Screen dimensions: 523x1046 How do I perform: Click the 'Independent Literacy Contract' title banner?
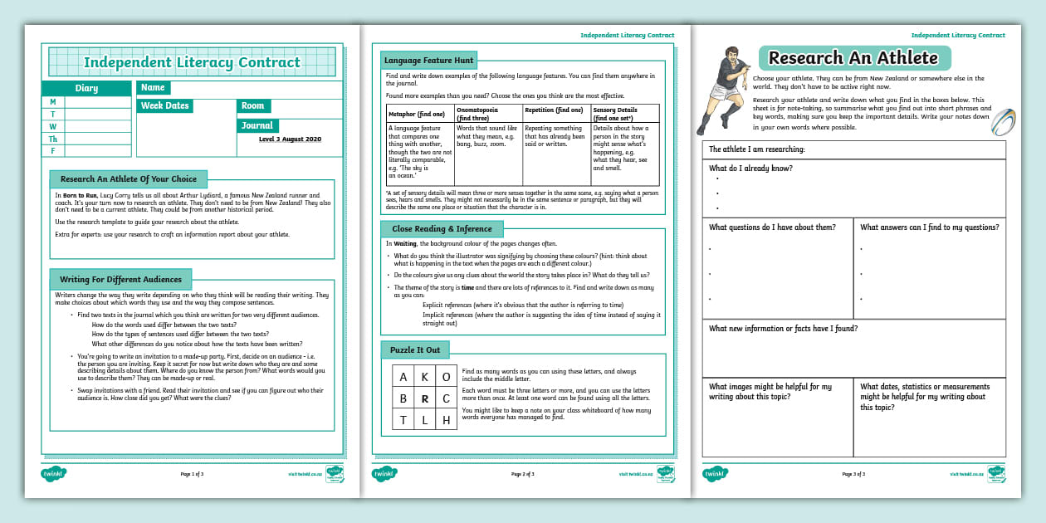[x=192, y=62]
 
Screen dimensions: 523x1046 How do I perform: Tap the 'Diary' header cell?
[x=86, y=88]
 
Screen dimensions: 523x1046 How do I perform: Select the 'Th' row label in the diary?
[x=53, y=139]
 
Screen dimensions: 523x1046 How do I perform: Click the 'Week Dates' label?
[x=164, y=105]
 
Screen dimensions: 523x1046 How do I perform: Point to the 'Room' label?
[x=253, y=105]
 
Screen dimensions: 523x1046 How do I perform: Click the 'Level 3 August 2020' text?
[x=290, y=139]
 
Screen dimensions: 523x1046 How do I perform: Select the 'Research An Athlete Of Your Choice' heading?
[x=129, y=178]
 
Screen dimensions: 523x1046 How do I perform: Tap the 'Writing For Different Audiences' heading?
[x=121, y=279]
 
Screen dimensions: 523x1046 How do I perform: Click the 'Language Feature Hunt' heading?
[x=428, y=61]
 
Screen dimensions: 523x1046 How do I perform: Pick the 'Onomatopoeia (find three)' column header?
[x=488, y=114]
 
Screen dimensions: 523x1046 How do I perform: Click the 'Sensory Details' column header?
[x=625, y=114]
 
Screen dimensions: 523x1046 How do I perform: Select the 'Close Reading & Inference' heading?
[x=442, y=228]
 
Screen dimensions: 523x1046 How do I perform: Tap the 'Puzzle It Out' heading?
[x=415, y=349]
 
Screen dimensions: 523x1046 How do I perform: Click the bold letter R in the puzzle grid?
[x=425, y=398]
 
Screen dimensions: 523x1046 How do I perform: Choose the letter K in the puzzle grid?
[x=425, y=376]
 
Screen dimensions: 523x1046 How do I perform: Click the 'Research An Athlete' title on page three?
[x=853, y=58]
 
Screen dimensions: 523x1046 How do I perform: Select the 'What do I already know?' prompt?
[x=750, y=168]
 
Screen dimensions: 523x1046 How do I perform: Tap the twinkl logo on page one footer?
[x=54, y=474]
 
